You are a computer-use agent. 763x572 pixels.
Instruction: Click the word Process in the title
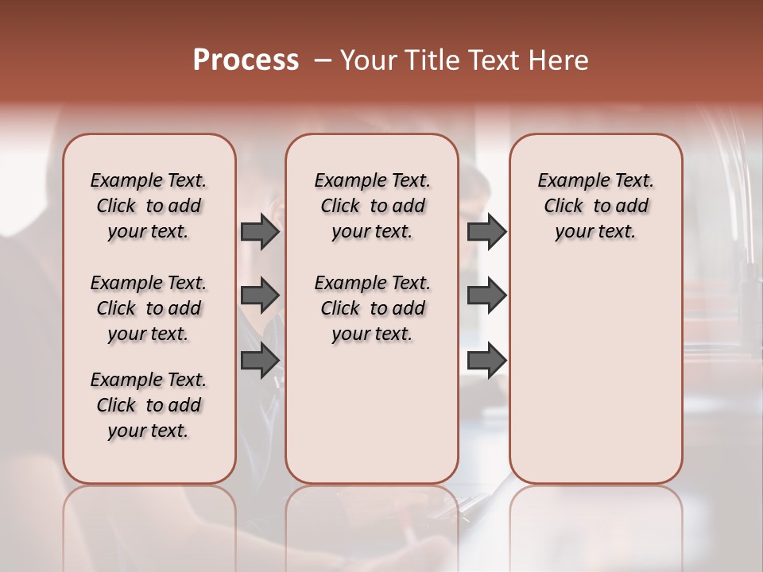tap(246, 60)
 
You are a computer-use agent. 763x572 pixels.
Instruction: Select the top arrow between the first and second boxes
tap(259, 232)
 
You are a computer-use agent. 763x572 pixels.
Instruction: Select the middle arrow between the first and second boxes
tap(259, 296)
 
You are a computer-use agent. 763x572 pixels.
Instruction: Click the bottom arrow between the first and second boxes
tap(259, 361)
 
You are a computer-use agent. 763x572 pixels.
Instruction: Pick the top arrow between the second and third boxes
tap(486, 232)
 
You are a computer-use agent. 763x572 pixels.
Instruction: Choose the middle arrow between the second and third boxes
tap(486, 296)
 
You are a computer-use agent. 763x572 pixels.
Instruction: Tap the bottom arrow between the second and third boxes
tap(486, 361)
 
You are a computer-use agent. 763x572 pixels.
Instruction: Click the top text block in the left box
tap(149, 206)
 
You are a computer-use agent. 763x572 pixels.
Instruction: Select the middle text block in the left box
tap(149, 308)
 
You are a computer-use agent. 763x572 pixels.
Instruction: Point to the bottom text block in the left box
tap(149, 405)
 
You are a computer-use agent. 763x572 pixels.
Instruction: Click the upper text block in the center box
tap(372, 206)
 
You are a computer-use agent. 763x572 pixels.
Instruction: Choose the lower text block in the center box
tap(372, 308)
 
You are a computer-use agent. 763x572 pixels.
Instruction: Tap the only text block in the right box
tap(595, 206)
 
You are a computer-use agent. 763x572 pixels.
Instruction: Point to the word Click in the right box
tap(564, 207)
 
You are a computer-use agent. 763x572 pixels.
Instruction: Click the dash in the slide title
tap(323, 60)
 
